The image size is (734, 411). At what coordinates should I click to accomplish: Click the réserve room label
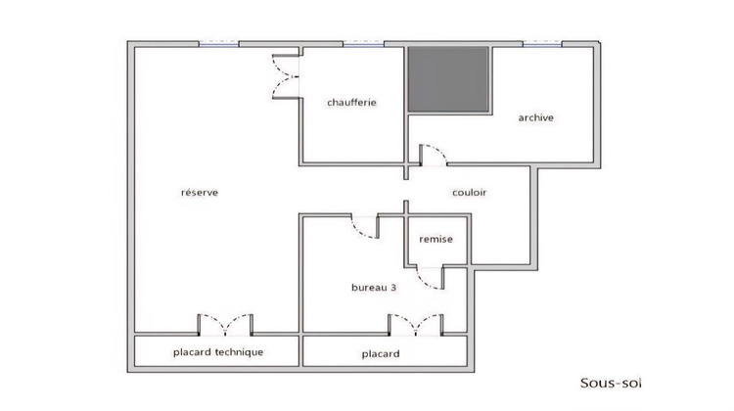coord(199,193)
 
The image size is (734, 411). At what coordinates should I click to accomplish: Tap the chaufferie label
coord(352,103)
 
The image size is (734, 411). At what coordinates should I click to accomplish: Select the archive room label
coord(535,117)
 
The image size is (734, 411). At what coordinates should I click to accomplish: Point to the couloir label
coord(469,193)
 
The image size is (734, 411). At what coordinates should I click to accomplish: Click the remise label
coord(436,239)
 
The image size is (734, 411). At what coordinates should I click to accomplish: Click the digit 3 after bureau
coord(392,288)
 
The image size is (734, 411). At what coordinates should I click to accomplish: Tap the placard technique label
coord(218,351)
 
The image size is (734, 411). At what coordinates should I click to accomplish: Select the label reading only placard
coord(379,352)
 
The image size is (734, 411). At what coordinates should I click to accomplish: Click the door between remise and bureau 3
coord(428,279)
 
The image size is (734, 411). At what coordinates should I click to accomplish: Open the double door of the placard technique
coord(226,324)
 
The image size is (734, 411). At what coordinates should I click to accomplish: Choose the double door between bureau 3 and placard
coord(417,324)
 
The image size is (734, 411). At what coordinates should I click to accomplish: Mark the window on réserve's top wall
coord(219,43)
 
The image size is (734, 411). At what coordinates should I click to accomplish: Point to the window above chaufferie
coord(363,43)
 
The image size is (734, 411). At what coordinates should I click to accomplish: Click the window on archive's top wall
coord(541,43)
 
